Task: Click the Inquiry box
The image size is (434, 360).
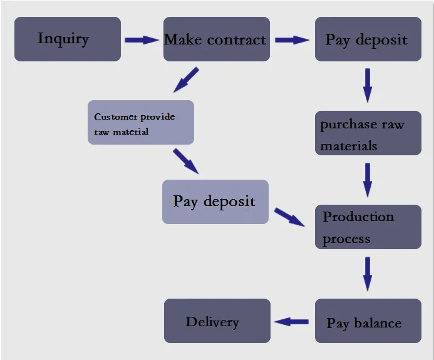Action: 68,39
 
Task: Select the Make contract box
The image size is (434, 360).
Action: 217,39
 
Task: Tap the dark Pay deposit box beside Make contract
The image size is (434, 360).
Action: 368,39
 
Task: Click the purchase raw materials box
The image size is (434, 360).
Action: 368,133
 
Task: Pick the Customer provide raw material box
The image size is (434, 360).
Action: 140,123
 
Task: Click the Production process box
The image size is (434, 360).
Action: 368,227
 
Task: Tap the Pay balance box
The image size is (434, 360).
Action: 368,321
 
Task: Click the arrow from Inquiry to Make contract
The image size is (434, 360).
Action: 142,39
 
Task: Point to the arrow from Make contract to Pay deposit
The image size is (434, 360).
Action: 292,39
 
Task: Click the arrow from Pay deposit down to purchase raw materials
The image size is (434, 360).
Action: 368,85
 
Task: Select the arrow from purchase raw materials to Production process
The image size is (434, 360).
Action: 368,180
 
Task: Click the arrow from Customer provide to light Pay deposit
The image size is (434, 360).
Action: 185,161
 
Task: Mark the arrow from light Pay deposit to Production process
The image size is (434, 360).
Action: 289,217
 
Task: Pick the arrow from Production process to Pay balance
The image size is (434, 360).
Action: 368,274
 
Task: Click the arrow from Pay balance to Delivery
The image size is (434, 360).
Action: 292,322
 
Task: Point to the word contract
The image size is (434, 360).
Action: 236,39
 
